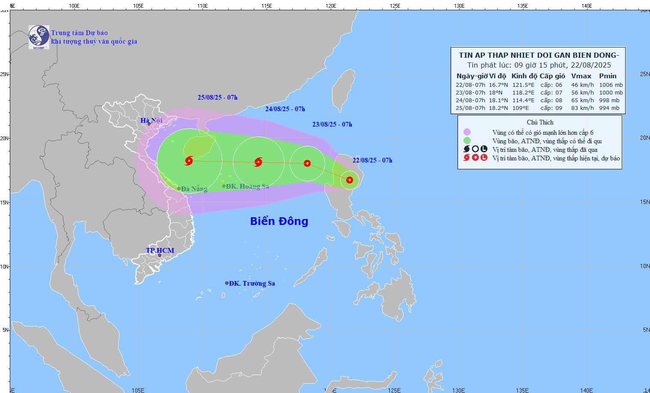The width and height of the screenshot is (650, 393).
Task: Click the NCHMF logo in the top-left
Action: pos(39,37)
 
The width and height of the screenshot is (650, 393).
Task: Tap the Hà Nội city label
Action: pos(151,121)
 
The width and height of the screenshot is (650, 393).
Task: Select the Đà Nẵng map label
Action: pos(194,189)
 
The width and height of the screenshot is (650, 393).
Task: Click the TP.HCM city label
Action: pos(160,250)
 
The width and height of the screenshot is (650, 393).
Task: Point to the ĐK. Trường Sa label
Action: pos(252,283)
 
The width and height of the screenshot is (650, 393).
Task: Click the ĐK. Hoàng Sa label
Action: pos(247,186)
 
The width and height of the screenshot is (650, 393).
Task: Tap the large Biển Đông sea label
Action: pos(279,221)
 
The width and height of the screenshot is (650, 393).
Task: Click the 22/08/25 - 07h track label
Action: pos(372,160)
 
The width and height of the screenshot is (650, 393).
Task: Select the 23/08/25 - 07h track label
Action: pos(332,124)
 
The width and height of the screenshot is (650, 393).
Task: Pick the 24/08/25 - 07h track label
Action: pos(285,109)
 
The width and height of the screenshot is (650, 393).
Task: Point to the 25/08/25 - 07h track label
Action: pos(217,98)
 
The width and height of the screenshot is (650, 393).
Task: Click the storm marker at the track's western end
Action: pos(189,161)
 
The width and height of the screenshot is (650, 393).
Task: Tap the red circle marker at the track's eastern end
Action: pos(350,180)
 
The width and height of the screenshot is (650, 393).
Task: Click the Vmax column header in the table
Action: pos(581,76)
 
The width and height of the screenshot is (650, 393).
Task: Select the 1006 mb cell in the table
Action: pos(611,85)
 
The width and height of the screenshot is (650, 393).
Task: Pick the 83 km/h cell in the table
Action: pos(582,108)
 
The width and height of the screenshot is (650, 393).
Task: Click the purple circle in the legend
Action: pos(467,132)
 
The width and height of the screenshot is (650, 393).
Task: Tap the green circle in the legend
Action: pos(467,141)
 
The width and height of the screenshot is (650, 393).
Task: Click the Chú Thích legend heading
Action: pos(540,122)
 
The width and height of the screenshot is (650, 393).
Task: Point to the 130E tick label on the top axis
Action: pos(459,6)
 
